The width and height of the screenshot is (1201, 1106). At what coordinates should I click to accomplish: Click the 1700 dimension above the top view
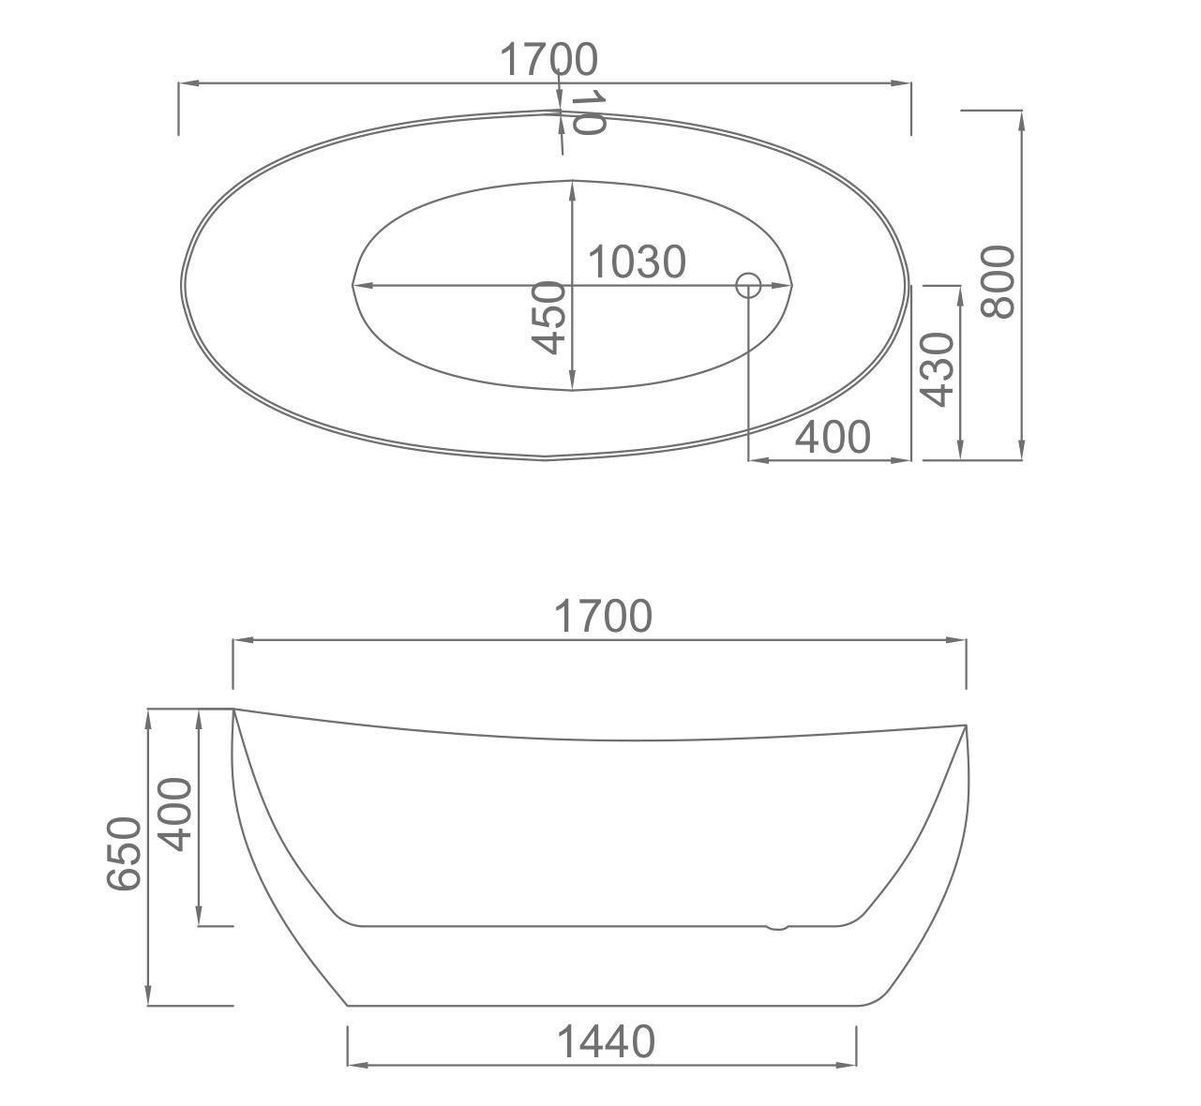[x=548, y=60]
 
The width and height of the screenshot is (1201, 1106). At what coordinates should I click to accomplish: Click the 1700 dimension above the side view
[x=603, y=616]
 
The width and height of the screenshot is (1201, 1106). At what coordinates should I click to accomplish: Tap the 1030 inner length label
[x=637, y=262]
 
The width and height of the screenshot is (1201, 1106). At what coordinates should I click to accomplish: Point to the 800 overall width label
[x=998, y=281]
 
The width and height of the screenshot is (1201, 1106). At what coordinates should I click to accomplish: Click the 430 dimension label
[x=937, y=369]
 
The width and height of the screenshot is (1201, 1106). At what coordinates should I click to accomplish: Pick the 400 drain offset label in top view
[x=833, y=437]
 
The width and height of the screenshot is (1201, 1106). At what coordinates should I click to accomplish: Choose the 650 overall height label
[x=124, y=853]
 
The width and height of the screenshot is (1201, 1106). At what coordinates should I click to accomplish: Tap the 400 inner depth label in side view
[x=174, y=815]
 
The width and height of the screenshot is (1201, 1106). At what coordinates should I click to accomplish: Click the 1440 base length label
[x=606, y=1042]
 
